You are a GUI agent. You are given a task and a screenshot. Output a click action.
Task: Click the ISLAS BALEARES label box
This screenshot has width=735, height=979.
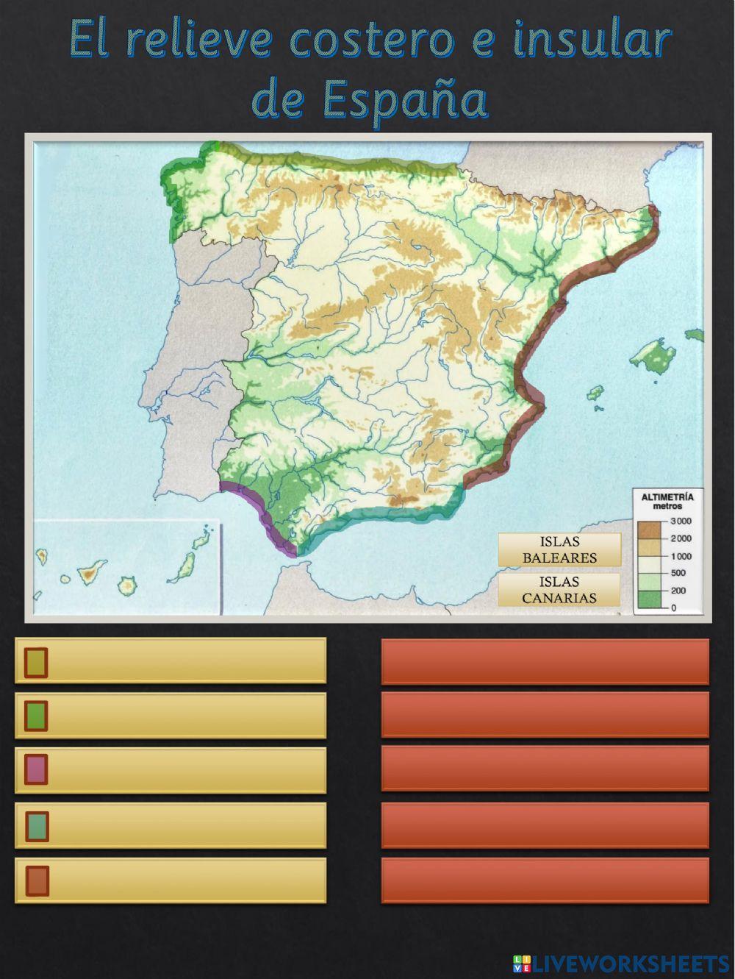(x=559, y=549)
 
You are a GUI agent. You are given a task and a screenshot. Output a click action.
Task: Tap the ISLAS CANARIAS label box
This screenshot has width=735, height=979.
(x=559, y=590)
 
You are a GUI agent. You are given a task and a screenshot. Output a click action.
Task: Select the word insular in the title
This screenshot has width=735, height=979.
(x=591, y=41)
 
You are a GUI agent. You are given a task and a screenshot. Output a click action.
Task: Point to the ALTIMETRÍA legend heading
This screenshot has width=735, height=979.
(x=667, y=497)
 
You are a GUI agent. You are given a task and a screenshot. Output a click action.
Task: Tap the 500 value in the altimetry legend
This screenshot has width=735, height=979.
(x=677, y=573)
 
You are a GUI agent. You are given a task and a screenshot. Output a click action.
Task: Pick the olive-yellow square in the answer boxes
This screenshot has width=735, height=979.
(x=36, y=661)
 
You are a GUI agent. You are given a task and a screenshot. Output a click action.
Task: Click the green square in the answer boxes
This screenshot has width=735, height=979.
(x=36, y=716)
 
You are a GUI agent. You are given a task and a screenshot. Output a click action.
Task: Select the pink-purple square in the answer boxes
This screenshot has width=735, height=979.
(x=36, y=769)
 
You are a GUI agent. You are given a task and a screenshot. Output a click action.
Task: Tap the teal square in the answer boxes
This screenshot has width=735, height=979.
(x=37, y=825)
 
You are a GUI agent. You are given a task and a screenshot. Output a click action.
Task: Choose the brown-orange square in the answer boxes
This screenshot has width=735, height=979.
(x=37, y=880)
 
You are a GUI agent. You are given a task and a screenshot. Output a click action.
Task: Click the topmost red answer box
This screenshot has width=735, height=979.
(x=545, y=661)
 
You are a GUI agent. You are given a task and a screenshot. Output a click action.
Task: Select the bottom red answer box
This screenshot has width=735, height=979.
(x=545, y=880)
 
